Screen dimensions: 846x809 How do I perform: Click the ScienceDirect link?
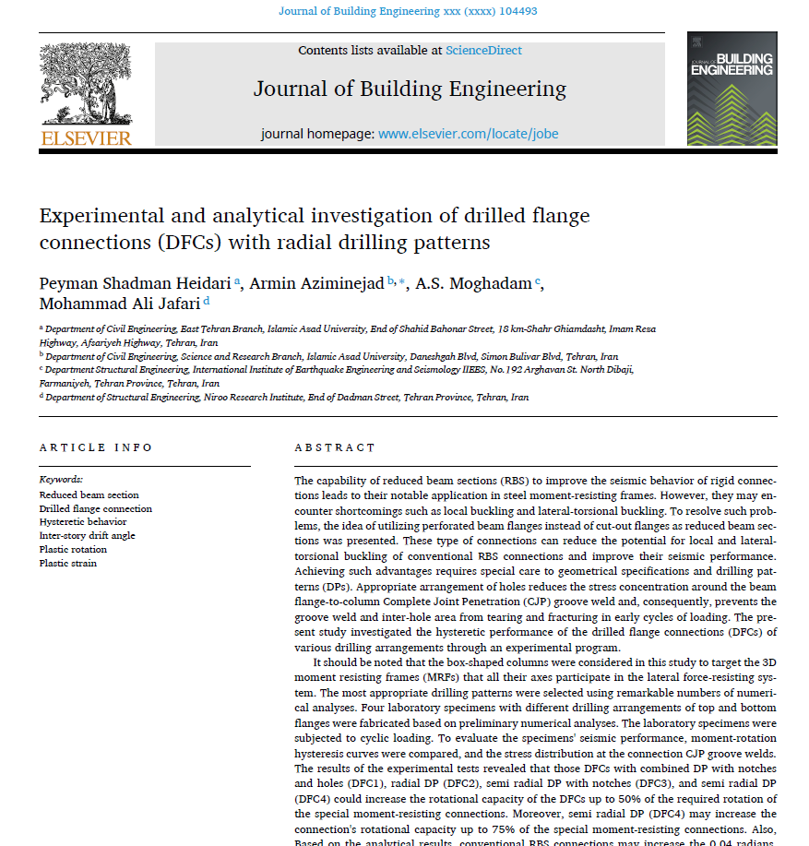[x=482, y=51]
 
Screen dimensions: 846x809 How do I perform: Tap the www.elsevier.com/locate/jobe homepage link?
[x=468, y=134]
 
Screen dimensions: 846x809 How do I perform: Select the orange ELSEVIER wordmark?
[x=86, y=138]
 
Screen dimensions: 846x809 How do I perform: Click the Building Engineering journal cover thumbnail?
[x=732, y=88]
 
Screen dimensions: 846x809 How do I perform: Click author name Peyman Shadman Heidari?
[x=136, y=283]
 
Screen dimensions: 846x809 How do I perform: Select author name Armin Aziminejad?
[x=316, y=283]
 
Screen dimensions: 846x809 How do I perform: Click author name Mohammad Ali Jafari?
[x=119, y=303]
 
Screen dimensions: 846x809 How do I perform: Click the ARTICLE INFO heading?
[x=96, y=447]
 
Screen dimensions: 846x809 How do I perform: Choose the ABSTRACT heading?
[x=335, y=447]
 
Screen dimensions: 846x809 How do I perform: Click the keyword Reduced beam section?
[x=89, y=495]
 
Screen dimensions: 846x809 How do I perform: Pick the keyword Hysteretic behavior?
[x=83, y=522]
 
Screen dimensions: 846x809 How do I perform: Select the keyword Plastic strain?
[x=67, y=563]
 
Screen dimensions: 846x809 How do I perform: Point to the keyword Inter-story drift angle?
[x=87, y=536]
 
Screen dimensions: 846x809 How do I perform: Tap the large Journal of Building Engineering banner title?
[x=410, y=89]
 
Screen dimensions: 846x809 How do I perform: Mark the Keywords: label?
[x=61, y=480]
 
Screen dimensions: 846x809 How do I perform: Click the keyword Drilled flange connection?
[x=96, y=508]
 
